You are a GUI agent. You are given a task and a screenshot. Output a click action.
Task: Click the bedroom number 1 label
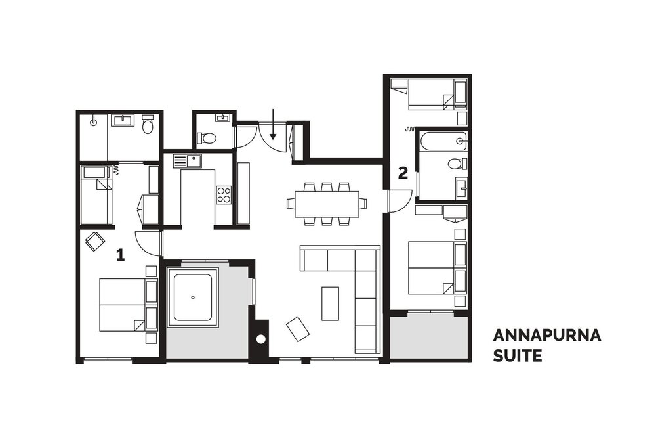coord(121,255)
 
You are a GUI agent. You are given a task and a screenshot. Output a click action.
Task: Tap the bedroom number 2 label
coord(403,173)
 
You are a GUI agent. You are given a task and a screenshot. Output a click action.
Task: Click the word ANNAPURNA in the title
coord(547,336)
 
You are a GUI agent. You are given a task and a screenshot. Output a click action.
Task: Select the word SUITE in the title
coord(518,355)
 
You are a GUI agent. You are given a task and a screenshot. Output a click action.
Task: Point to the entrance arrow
coord(273,124)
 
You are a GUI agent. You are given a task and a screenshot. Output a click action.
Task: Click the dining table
coord(327,204)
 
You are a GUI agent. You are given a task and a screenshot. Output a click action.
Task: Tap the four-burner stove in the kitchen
coord(224,195)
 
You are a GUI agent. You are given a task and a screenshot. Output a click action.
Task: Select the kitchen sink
coord(188,162)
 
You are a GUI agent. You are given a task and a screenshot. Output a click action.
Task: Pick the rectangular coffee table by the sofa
coord(330,303)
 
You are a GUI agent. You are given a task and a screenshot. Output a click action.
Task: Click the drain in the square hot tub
coord(192,297)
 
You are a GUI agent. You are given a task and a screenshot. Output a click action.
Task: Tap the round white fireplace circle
coord(260,339)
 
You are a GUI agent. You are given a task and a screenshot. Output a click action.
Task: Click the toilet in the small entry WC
coord(207,137)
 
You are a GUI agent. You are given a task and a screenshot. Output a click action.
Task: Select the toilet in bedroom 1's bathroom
coord(148,124)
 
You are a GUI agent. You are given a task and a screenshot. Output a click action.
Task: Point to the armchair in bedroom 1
coord(95,242)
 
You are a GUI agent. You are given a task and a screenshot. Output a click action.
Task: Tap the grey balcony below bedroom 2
coord(429,338)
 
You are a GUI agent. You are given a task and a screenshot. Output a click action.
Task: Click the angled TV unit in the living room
coord(297,329)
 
